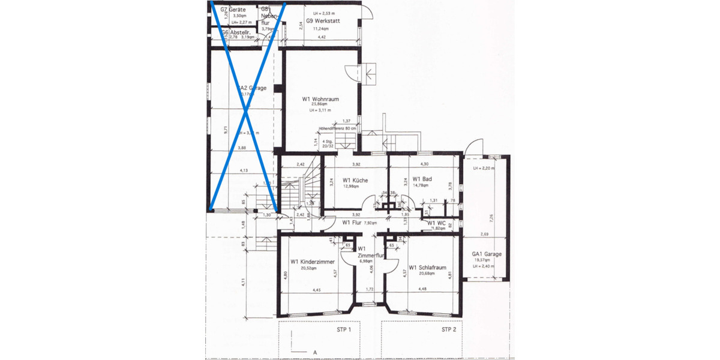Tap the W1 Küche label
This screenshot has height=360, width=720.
pos(355,180)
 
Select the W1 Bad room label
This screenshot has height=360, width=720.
pos(422,179)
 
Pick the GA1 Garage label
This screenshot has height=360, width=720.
pos(487,254)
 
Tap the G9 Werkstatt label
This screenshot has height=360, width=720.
pos(323,21)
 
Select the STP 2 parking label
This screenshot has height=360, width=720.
pos(449,330)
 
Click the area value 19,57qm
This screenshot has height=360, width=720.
pos(487,260)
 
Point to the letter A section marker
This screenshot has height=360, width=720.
pos(314,352)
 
